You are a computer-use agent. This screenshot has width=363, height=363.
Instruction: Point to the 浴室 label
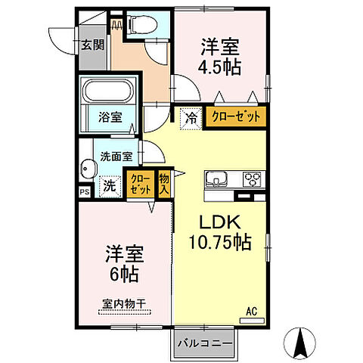[108, 118]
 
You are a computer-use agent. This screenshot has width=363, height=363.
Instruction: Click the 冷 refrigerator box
[191, 117]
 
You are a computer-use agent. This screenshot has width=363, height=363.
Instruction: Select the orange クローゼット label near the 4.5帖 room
[235, 117]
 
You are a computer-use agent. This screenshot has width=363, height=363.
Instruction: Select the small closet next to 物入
[141, 185]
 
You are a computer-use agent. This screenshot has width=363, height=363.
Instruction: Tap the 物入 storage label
[164, 185]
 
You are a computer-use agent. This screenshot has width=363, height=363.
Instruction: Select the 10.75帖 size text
[219, 244]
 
